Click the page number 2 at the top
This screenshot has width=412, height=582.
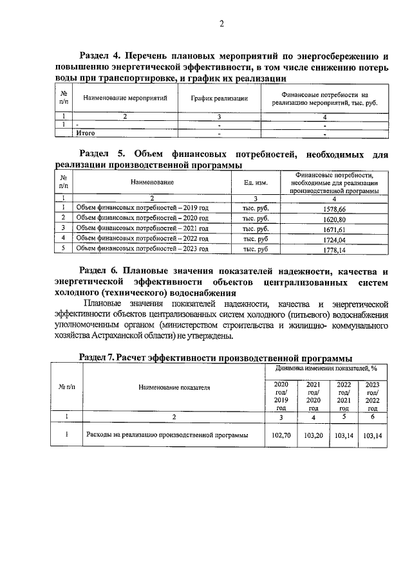point(221,24)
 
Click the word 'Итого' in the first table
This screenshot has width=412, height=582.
point(86,133)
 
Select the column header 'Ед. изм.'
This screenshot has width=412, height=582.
point(256,183)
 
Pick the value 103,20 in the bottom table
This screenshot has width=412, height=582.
point(314,435)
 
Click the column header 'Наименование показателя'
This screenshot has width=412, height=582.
point(174,388)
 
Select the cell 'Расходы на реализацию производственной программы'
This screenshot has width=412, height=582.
point(167,435)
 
